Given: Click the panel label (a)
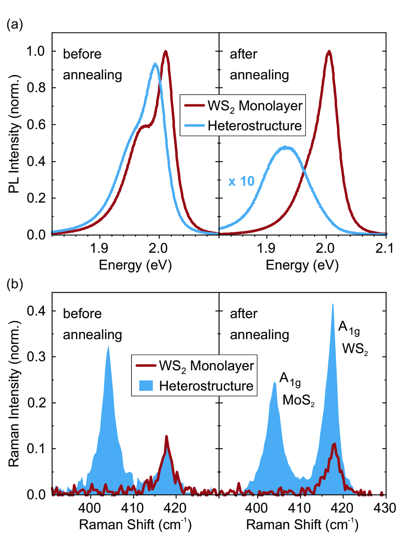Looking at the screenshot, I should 15,25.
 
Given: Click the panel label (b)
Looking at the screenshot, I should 15,285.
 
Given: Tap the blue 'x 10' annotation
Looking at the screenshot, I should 241,181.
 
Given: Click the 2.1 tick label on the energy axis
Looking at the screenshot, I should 384,248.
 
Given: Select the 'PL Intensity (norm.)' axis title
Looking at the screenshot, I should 14,134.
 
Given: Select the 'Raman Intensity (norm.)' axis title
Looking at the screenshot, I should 14,393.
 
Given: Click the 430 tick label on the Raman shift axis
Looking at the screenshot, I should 384,508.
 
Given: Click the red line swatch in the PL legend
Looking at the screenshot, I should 194,106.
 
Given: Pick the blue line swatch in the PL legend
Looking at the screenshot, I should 194,126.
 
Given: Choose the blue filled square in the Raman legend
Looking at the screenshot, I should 146,386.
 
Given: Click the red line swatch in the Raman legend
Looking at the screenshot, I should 146,366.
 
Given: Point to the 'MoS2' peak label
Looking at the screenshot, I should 299,400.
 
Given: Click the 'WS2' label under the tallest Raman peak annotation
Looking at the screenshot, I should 355,349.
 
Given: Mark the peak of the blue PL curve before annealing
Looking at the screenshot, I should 155,64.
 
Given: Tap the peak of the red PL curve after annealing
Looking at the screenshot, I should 329,51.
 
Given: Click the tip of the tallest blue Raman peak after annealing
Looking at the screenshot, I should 333,304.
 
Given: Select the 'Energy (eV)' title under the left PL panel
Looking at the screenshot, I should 135,265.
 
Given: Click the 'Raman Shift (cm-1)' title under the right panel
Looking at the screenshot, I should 302,525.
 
